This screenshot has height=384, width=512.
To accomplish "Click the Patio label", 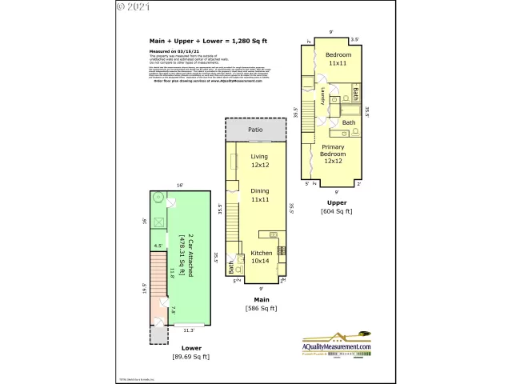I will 255,129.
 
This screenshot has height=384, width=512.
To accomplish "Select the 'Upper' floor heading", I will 332,202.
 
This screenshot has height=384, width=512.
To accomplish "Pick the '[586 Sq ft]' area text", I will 260,308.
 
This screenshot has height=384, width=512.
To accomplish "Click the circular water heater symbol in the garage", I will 158,198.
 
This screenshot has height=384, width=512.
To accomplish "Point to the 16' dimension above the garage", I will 180,186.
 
